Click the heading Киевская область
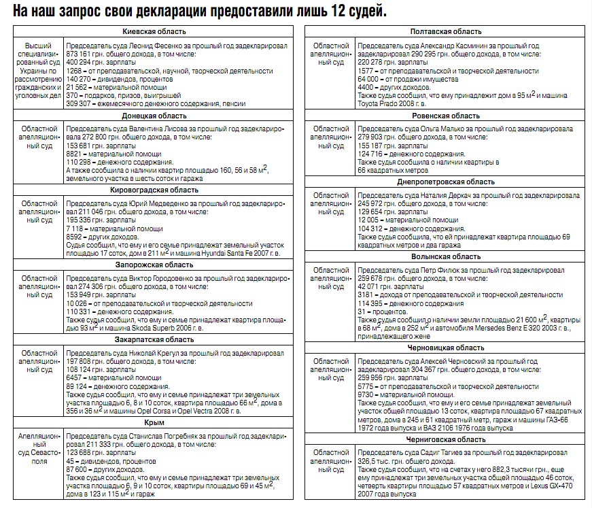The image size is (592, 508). point(154,32)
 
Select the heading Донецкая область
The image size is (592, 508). point(154,116)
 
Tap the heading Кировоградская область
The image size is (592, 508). point(154,190)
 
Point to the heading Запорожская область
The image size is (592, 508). point(154,265)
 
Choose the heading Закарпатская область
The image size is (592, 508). point(154,339)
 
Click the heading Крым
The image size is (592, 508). point(154,422)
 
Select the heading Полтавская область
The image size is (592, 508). point(446,32)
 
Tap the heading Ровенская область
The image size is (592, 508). point(446,116)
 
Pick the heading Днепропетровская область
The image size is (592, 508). point(446,182)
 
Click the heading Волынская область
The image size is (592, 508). point(446,256)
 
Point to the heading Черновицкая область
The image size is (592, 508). point(446,348)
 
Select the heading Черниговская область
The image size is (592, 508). point(446,439)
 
